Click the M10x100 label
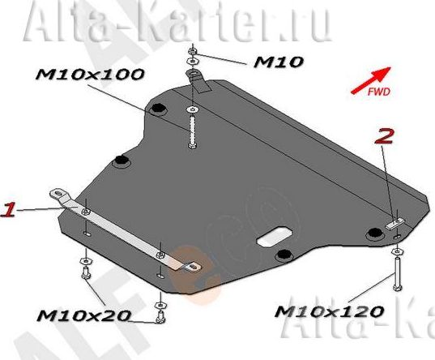click(90, 75)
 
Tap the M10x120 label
click(327, 311)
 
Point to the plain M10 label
click(279, 61)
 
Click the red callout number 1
click(8, 210)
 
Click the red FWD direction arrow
click(371, 81)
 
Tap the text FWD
click(379, 93)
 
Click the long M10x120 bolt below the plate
click(396, 272)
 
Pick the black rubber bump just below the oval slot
click(281, 257)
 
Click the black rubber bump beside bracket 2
click(373, 234)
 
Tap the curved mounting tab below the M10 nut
click(197, 80)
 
